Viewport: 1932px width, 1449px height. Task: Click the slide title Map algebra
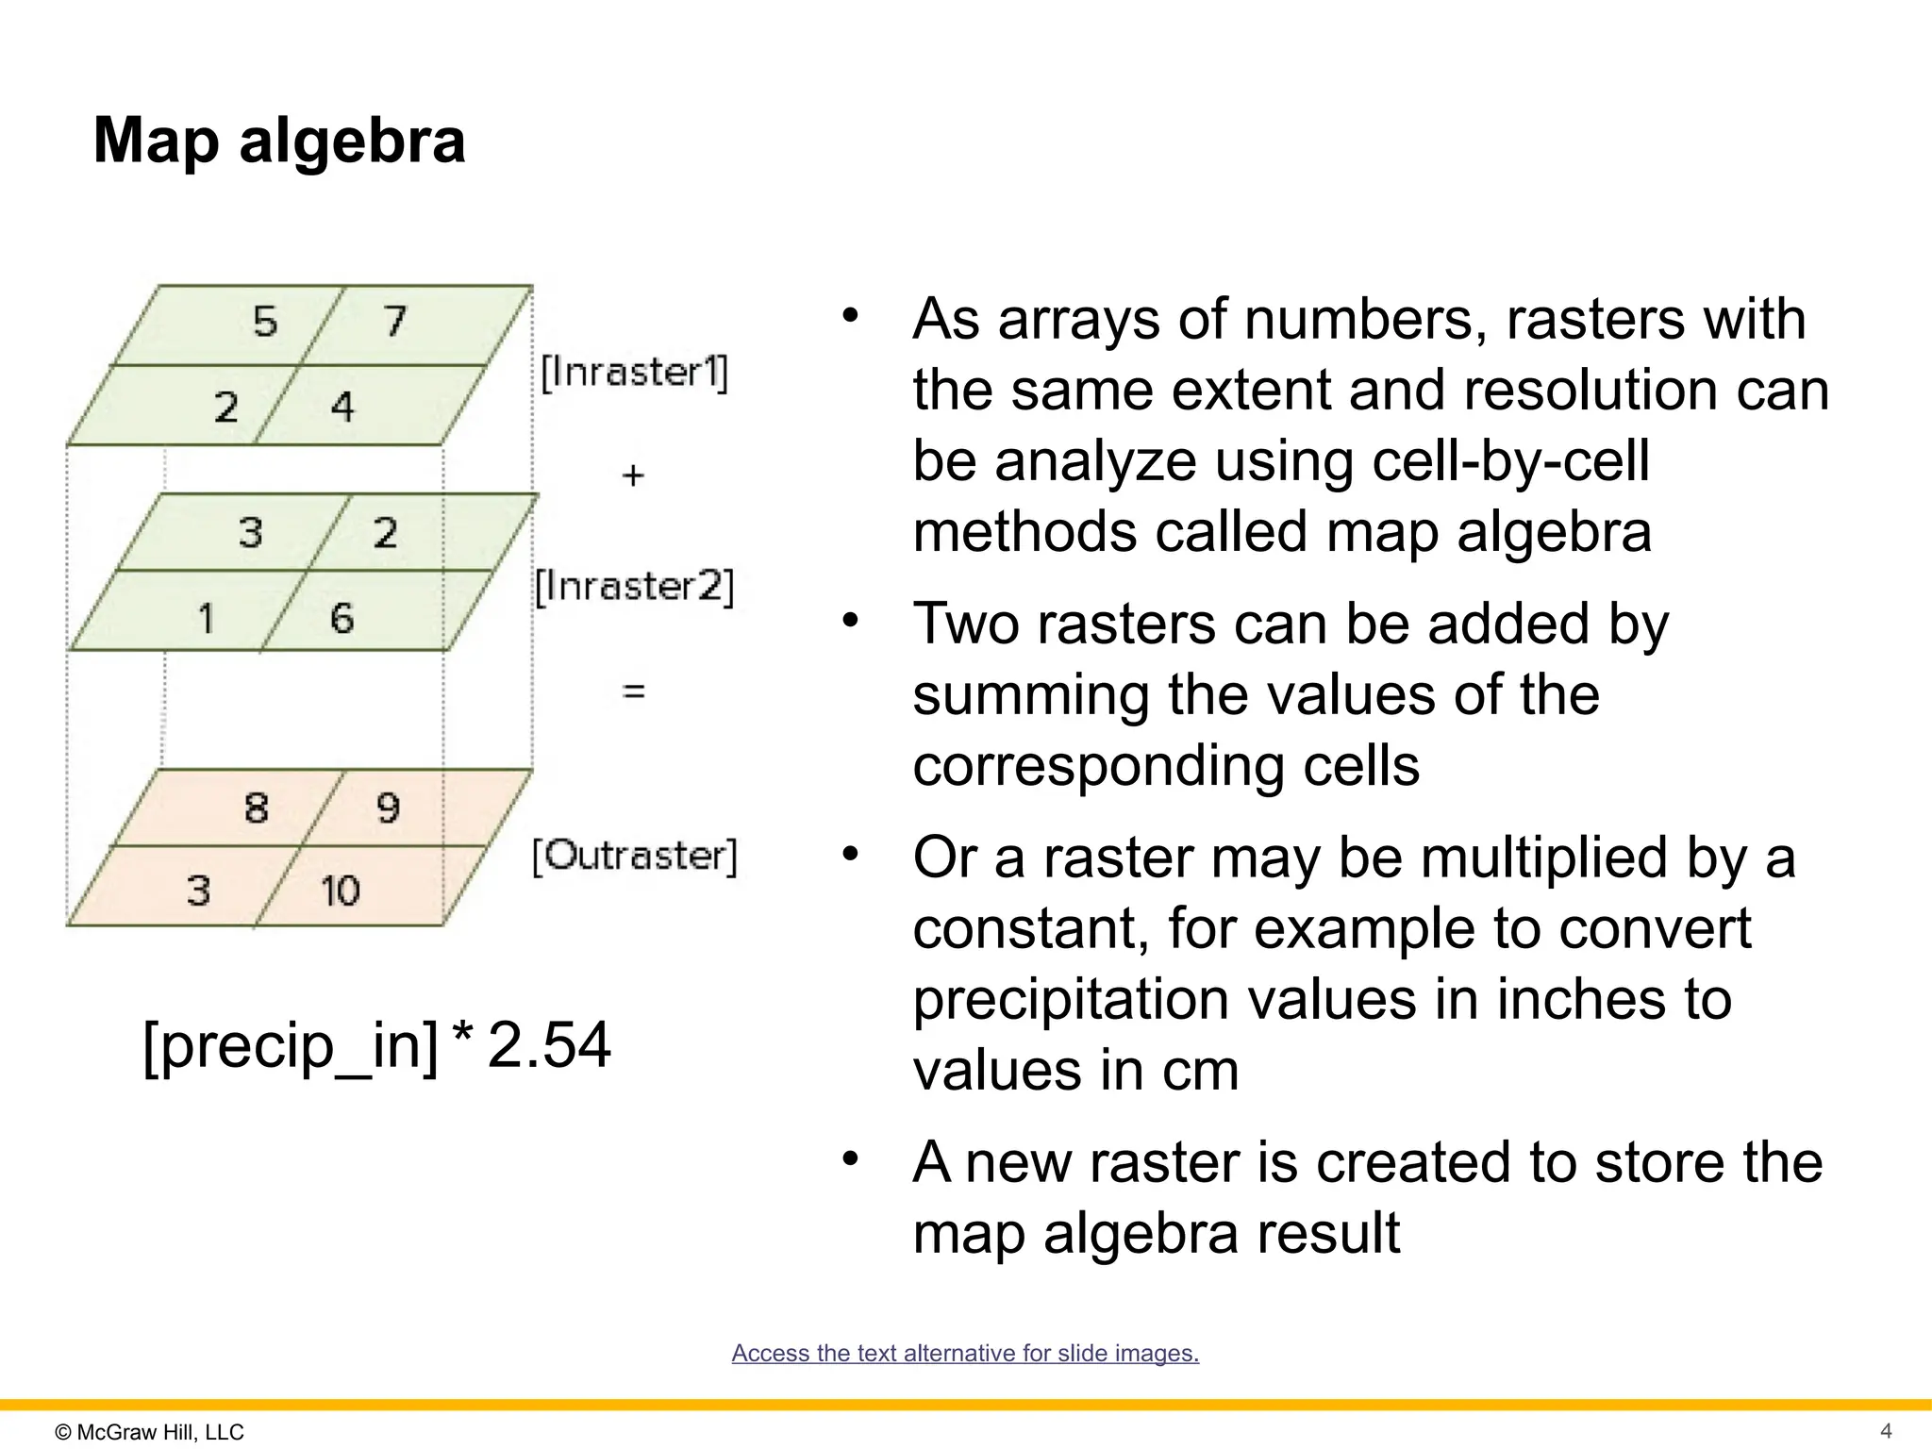pos(279,142)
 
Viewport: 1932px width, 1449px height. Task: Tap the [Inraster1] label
pos(634,372)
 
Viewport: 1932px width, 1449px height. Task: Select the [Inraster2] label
pos(634,586)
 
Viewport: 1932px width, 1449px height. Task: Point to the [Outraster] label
pos(634,856)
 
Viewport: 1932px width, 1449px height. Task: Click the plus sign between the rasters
pos(633,475)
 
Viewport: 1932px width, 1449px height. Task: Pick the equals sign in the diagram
pos(634,691)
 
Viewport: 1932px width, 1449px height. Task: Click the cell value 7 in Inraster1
pos(395,321)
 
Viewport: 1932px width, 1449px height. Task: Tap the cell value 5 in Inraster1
pos(265,322)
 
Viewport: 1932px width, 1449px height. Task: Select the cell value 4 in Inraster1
pos(341,407)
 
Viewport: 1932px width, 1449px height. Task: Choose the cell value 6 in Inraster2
pos(341,618)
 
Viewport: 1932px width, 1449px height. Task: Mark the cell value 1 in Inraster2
pos(206,619)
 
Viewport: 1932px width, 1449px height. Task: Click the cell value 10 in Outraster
pos(340,891)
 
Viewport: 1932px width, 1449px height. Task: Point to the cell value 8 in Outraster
pos(256,808)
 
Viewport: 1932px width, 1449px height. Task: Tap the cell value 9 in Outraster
pos(388,808)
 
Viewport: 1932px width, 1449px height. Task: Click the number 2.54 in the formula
pos(549,1045)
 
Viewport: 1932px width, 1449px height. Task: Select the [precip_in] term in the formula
pos(291,1045)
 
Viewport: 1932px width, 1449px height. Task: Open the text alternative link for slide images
pos(965,1353)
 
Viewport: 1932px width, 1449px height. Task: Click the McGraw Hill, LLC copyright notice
pos(150,1432)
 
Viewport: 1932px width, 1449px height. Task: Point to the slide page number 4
pos(1886,1431)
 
